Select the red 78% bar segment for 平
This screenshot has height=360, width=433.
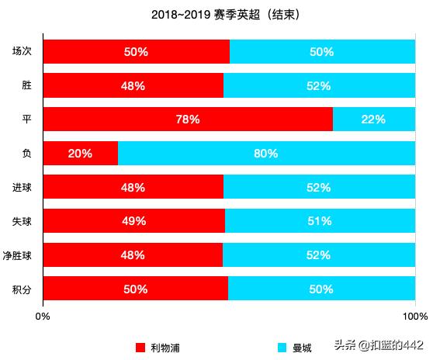pos(188,119)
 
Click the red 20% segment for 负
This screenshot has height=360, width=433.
pos(81,154)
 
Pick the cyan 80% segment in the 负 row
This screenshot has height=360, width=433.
pos(266,154)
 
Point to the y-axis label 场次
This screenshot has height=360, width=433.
pos(22,52)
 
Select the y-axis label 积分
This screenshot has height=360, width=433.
pos(22,289)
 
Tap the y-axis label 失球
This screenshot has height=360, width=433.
pos(22,222)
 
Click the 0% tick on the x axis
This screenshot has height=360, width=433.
pos(43,316)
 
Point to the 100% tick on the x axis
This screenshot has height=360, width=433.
pos(415,316)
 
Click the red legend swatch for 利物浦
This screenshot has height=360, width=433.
pos(140,348)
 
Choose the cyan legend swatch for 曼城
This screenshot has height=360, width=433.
pos(282,348)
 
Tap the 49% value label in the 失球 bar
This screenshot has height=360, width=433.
pos(134,221)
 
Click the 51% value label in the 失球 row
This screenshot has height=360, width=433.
pos(320,221)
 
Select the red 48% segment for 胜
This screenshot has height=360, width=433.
pos(133,85)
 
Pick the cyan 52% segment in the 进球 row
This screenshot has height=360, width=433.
pos(319,187)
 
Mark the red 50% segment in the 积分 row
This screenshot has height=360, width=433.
pos(136,289)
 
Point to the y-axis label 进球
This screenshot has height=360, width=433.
pos(22,188)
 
